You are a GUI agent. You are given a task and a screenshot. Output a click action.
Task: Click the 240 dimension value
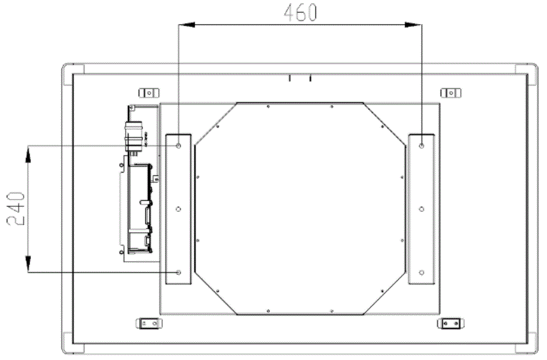click(x=15, y=209)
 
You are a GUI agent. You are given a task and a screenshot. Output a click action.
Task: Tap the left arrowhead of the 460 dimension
click(x=183, y=24)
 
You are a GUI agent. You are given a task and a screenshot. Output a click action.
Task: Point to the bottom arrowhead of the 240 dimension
click(x=27, y=266)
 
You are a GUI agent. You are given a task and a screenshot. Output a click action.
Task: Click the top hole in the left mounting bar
click(x=178, y=145)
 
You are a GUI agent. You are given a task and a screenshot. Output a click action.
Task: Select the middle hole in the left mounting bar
click(x=178, y=209)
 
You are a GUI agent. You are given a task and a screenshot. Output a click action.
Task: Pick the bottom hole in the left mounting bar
click(x=178, y=272)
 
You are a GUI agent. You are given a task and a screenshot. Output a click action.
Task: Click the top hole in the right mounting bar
click(x=421, y=145)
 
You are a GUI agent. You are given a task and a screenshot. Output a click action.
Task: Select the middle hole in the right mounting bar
click(x=421, y=209)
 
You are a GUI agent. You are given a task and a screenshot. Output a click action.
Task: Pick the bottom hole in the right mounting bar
click(x=421, y=272)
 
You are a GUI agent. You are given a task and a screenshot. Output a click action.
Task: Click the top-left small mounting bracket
click(x=148, y=92)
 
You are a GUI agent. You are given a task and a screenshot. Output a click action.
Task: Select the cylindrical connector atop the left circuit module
click(x=133, y=134)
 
